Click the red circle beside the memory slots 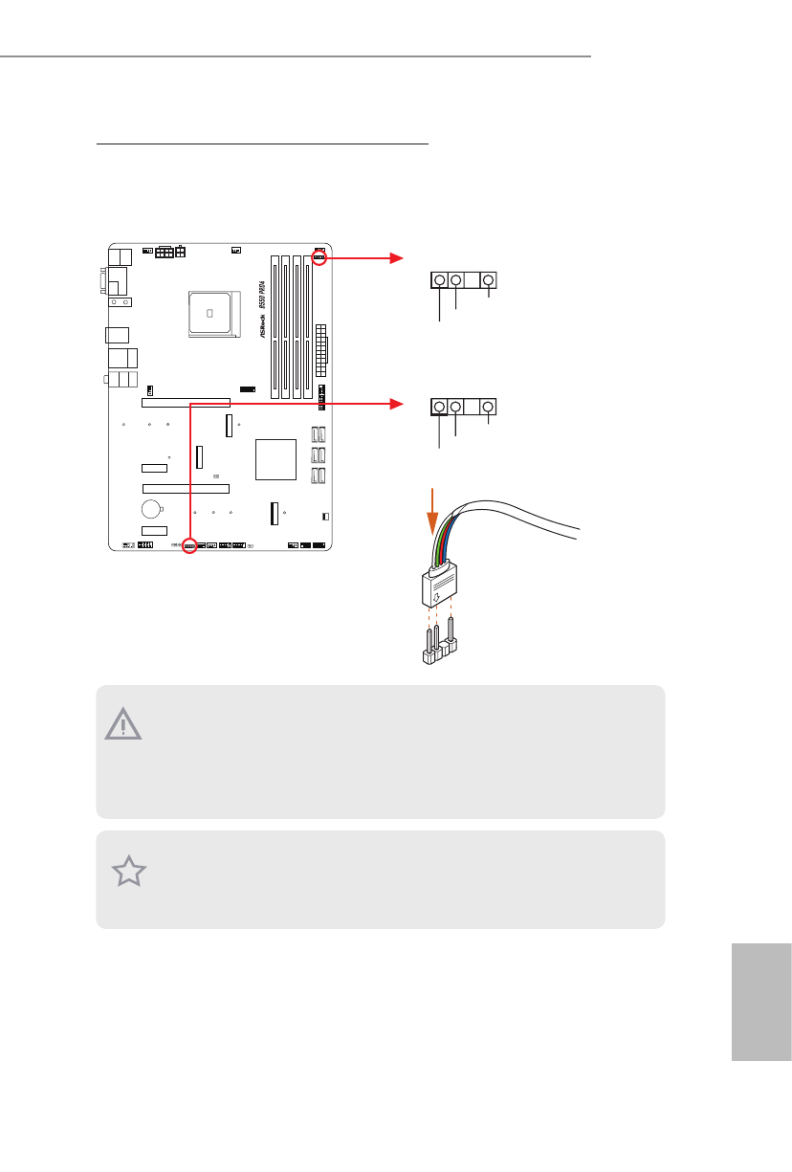319,257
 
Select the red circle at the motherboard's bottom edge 189,546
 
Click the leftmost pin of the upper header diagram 439,280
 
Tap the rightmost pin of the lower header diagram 489,408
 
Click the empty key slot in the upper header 473,280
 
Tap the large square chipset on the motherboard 277,459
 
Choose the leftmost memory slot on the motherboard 275,325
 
